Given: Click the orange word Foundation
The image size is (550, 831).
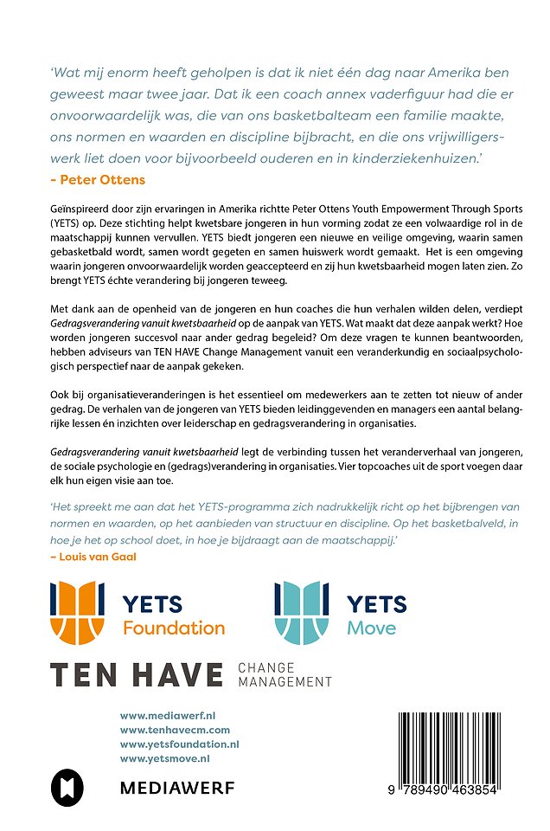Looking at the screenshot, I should pyautogui.click(x=173, y=628).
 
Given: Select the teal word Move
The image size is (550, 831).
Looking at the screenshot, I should pyautogui.click(x=372, y=628).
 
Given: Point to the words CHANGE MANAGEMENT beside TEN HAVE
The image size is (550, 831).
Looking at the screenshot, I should pyautogui.click(x=284, y=675).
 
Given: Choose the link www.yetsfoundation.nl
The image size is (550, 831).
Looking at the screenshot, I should pyautogui.click(x=179, y=744).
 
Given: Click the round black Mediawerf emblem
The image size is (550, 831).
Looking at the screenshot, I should pyautogui.click(x=65, y=786).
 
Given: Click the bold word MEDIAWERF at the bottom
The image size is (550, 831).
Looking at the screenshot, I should pyautogui.click(x=176, y=788).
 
